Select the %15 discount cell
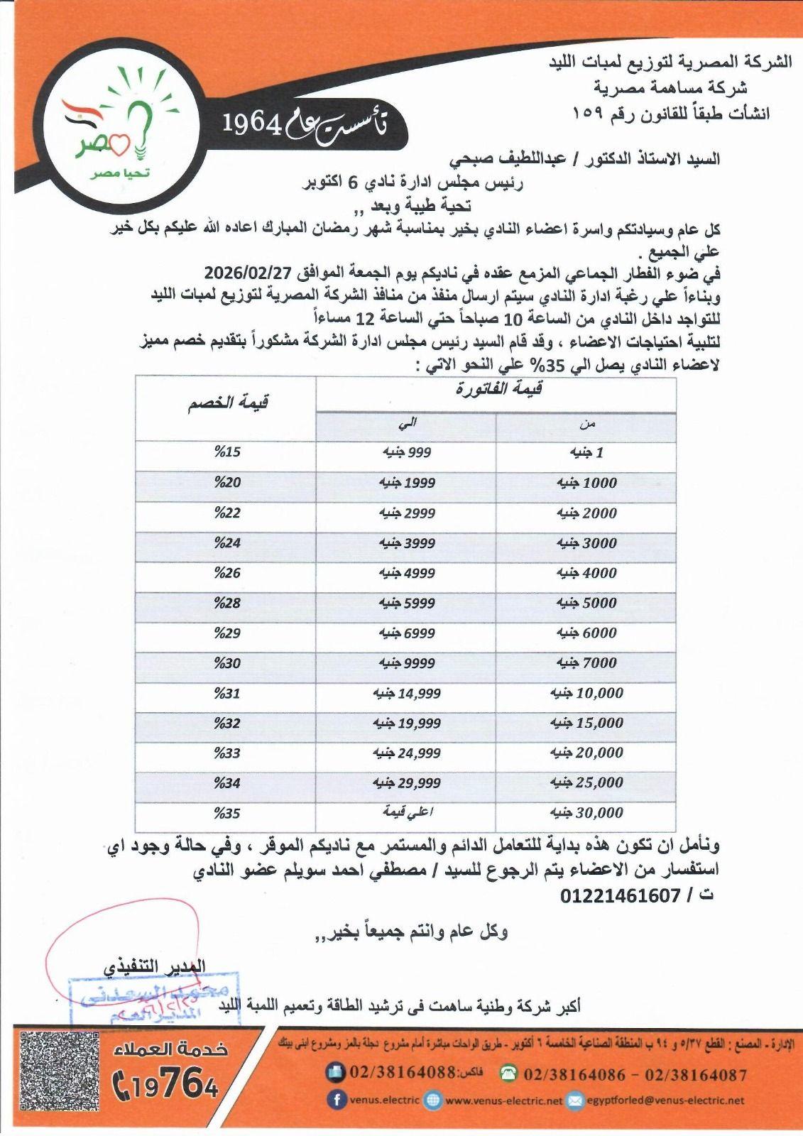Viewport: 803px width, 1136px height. tap(227, 452)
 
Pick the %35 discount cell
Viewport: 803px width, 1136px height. tap(227, 813)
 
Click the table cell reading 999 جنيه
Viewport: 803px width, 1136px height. tap(405, 452)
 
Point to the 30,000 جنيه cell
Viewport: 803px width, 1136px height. tap(586, 813)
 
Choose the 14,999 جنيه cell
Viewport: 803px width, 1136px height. tap(407, 693)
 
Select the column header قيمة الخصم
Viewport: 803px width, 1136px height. tap(227, 404)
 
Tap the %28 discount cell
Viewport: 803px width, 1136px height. tap(227, 603)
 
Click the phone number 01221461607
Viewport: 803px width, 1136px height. tap(620, 895)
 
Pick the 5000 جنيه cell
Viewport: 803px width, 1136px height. tap(586, 603)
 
